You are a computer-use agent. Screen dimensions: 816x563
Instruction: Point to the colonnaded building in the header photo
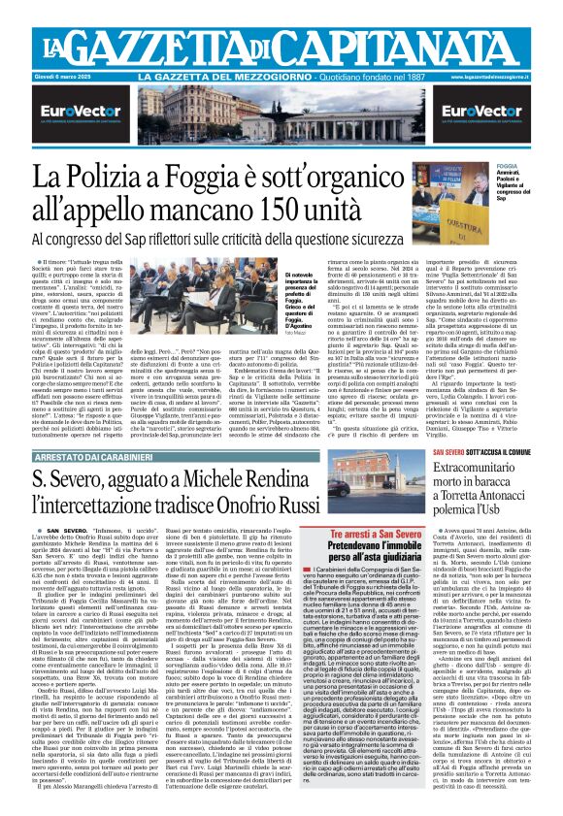(x=281, y=121)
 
